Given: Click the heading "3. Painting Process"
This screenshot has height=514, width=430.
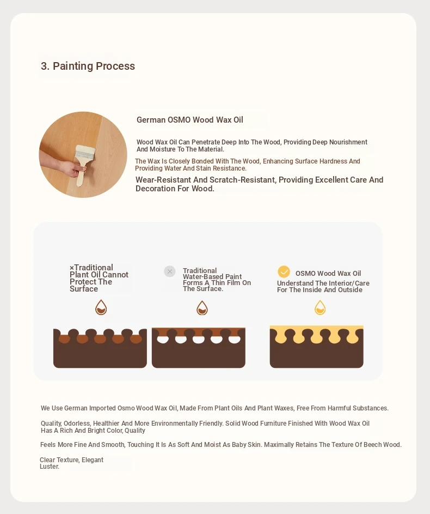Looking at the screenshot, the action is (x=88, y=66).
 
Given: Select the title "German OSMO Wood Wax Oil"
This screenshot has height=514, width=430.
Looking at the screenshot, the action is (x=190, y=120).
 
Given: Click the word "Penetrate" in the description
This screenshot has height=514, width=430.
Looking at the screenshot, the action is (x=206, y=142).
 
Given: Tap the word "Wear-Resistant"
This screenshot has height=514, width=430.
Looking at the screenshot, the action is (x=159, y=180).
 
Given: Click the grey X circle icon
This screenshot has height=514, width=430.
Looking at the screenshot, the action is (x=169, y=271).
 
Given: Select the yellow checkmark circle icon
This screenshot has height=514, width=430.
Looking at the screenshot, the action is (x=284, y=272).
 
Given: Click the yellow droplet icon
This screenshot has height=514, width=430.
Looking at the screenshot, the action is (x=320, y=307).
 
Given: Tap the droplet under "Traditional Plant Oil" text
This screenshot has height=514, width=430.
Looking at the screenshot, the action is (x=101, y=307).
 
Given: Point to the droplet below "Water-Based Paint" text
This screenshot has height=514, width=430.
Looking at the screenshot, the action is (x=202, y=307).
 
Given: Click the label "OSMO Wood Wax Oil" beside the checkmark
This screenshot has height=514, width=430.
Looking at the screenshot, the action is (x=328, y=274).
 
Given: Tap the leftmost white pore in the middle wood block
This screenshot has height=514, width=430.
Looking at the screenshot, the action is (x=163, y=339).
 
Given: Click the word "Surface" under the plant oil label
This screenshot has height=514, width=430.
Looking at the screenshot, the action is (x=84, y=289).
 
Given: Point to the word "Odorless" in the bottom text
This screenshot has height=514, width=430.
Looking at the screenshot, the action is (x=77, y=423).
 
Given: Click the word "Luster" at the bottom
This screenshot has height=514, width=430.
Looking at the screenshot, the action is (x=50, y=467).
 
